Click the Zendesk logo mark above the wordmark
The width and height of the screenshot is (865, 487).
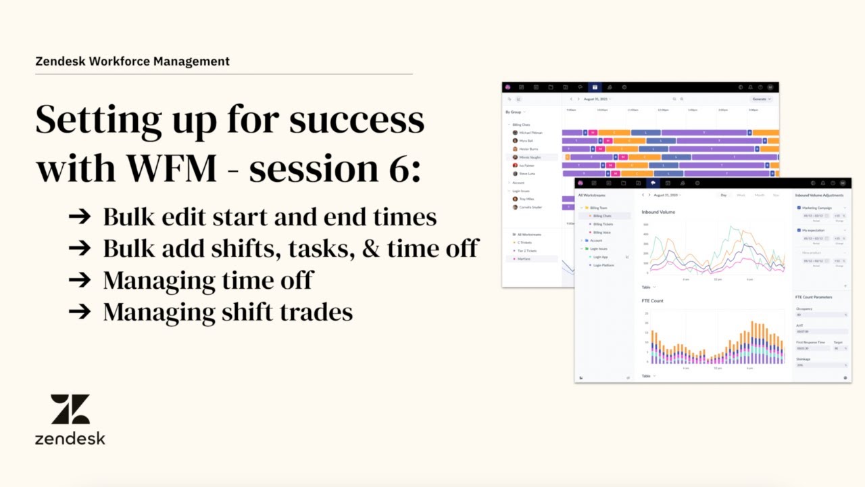[x=70, y=409]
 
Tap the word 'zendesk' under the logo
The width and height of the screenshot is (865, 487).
[x=70, y=438]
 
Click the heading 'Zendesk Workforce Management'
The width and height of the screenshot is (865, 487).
[x=132, y=62]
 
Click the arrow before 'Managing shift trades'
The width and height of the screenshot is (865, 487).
[x=80, y=311]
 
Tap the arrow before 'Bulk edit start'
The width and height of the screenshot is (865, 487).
[x=80, y=216]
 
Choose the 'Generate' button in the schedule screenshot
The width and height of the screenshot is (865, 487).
[x=760, y=99]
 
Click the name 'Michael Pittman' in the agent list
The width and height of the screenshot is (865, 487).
[x=530, y=133]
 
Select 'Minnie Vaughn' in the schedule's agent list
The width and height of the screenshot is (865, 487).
[x=530, y=157]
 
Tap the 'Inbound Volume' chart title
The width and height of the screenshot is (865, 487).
[x=658, y=212]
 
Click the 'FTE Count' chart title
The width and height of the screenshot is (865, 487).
[x=652, y=300]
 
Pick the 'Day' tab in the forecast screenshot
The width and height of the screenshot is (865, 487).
[x=724, y=195]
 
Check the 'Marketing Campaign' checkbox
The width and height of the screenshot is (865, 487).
[x=799, y=208]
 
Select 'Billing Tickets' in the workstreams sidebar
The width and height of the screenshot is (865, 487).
[x=603, y=224]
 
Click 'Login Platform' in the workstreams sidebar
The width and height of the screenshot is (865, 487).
[x=603, y=265]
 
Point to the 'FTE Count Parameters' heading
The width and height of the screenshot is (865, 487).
[x=814, y=297]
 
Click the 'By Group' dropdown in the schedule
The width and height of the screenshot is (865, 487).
[x=515, y=112]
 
